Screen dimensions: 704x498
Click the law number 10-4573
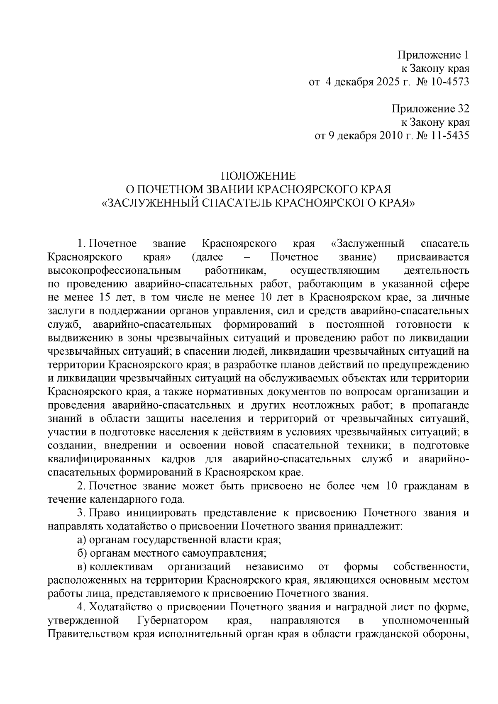point(450,82)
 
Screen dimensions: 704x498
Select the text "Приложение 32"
point(430,109)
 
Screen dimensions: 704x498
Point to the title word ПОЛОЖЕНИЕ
point(258,176)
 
